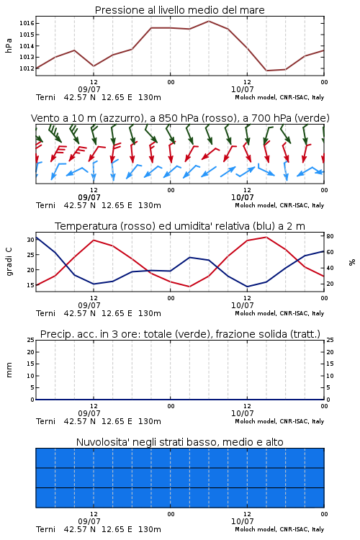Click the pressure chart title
180,10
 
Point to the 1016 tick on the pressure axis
26,24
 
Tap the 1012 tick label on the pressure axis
26,68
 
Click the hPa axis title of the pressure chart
9,45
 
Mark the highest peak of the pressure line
209,21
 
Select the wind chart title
180,118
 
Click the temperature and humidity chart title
180,226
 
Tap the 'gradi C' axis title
9,262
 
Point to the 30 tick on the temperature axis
30,240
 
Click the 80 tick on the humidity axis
330,236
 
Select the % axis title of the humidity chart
352,262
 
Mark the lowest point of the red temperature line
189,287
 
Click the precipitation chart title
180,334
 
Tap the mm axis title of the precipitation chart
9,370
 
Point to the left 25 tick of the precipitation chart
30,340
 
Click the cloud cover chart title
180,442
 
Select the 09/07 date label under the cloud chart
89,521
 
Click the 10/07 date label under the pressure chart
242,89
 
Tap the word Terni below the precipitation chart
45,421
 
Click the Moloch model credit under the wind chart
279,205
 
